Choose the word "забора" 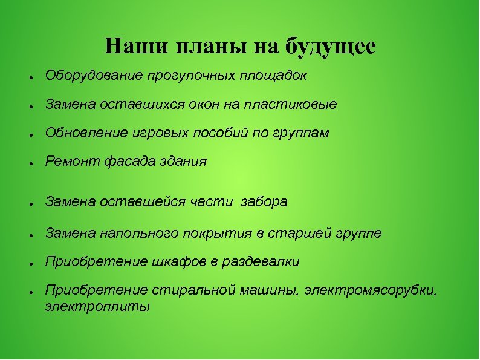tap(264, 202)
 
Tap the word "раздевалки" tap(261, 262)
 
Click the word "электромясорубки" tap(371, 290)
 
